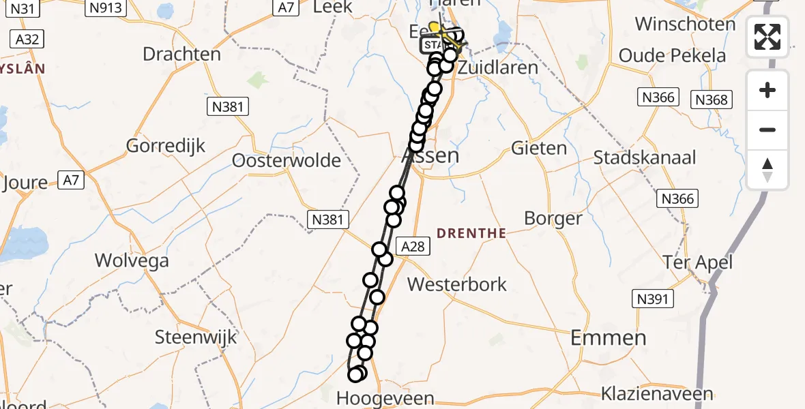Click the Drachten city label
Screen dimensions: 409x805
tap(182, 54)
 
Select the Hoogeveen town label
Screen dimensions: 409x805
tap(386, 398)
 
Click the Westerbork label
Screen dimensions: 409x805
tap(456, 284)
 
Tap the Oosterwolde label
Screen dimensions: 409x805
tap(287, 160)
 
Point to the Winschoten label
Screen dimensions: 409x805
tap(686, 24)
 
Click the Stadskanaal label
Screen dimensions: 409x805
tap(645, 157)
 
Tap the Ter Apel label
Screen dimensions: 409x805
tap(698, 262)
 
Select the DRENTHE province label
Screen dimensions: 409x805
tap(471, 233)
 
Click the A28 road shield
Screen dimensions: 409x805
tap(413, 247)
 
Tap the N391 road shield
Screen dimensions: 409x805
tap(654, 299)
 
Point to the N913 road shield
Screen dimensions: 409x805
tap(105, 7)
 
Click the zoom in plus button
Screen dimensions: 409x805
tap(767, 90)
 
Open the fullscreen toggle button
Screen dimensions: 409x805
tap(767, 37)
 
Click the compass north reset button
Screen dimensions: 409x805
tap(767, 170)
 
